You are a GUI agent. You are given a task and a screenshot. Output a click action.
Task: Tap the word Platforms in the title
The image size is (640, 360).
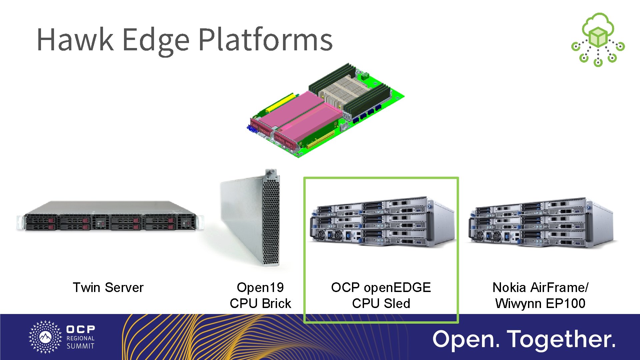(x=265, y=40)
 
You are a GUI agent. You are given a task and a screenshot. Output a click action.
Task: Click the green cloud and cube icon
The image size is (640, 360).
(x=598, y=39)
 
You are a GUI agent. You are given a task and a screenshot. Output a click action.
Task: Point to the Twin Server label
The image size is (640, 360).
(x=108, y=287)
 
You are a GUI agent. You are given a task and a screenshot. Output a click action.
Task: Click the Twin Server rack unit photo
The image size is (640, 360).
(x=110, y=217)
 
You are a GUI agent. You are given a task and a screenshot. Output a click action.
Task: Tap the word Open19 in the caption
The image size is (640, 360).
(x=260, y=287)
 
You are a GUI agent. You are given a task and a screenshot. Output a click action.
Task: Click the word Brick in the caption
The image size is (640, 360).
(x=276, y=303)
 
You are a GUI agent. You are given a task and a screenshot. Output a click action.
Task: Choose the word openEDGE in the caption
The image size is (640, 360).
(x=397, y=287)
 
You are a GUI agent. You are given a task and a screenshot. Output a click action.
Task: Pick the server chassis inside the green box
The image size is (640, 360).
(x=382, y=222)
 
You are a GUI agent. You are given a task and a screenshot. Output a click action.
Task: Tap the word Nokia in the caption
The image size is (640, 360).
(x=509, y=287)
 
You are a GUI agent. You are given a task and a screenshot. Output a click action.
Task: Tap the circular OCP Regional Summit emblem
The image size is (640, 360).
(x=45, y=337)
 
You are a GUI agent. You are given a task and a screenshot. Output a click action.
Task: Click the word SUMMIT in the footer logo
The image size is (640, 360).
(x=80, y=346)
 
